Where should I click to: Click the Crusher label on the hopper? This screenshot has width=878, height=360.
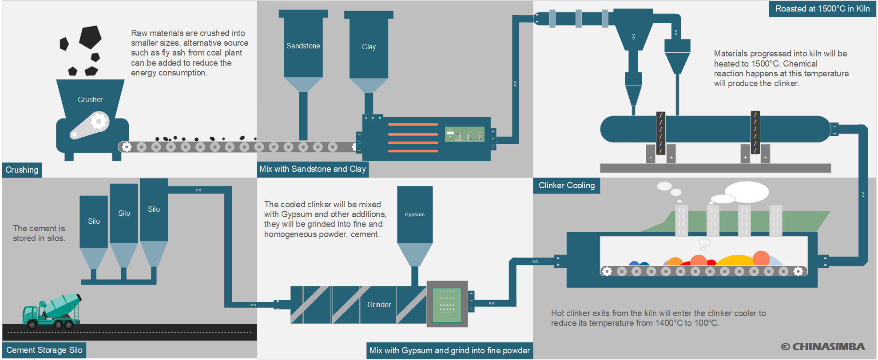(x=90, y=100)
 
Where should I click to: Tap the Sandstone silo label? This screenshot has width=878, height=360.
(x=303, y=46)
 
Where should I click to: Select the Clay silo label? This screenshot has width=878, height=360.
(x=369, y=47)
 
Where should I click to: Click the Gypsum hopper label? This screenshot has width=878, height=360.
(x=414, y=215)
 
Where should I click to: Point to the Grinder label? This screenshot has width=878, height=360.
(x=379, y=305)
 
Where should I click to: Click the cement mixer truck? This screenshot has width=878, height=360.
(x=52, y=312)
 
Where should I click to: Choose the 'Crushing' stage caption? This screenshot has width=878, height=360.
(x=22, y=170)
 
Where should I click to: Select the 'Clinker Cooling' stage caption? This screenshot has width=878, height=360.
(x=566, y=186)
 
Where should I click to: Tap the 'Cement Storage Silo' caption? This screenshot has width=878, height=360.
(x=44, y=350)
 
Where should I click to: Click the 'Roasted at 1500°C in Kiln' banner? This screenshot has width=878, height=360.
(x=822, y=9)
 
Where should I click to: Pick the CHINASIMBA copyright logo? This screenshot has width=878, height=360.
(x=823, y=347)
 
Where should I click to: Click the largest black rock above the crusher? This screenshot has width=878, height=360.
(x=90, y=37)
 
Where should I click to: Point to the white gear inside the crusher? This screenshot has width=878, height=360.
(x=99, y=121)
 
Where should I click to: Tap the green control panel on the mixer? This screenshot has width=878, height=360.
(x=465, y=134)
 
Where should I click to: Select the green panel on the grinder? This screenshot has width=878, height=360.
(x=447, y=305)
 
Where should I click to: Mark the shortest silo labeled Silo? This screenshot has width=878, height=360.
(x=94, y=222)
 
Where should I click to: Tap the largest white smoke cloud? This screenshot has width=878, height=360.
(x=747, y=191)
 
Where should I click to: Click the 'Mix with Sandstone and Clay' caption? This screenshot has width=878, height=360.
(x=312, y=169)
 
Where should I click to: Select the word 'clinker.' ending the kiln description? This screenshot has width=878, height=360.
(x=787, y=83)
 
